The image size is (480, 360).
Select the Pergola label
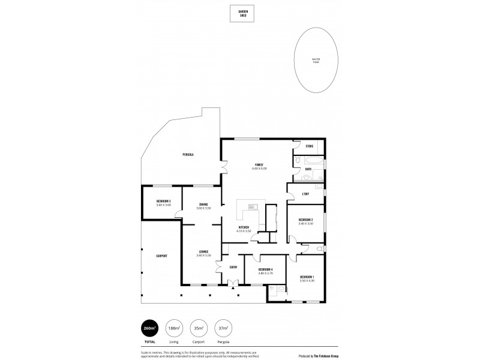[x=188, y=155]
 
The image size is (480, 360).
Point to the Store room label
[x=310, y=146]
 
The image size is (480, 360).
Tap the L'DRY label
[x=305, y=194]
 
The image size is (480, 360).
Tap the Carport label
[x=161, y=256]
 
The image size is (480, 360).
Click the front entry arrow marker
[x=233, y=287]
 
